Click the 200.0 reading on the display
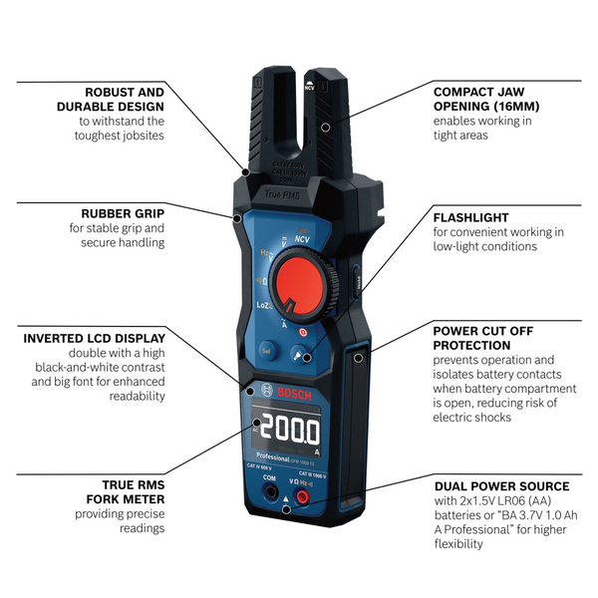(290, 432)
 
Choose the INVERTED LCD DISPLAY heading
(95, 338)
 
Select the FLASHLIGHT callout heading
(470, 217)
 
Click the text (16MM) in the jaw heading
(521, 105)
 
